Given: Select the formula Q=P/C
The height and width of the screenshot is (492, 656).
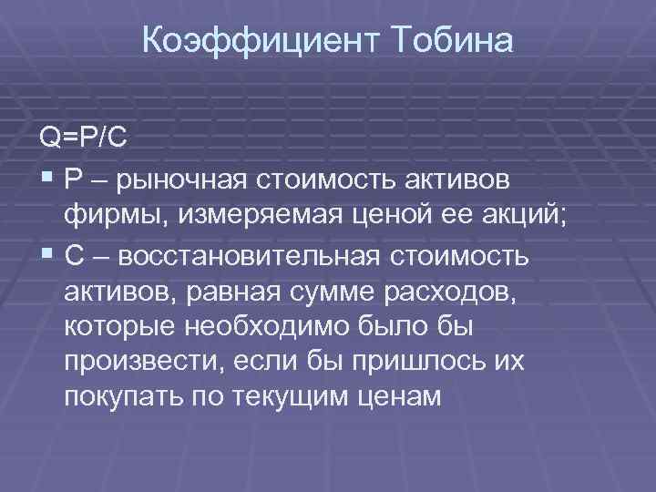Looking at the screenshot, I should (x=83, y=138).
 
